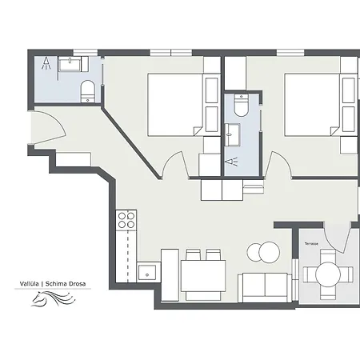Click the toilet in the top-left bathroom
coord(88,90)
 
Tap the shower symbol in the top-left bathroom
coord(47,65)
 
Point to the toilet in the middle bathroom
coord(241,106)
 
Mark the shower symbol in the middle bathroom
coord(236,161)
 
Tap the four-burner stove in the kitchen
coord(126,219)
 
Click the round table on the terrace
coord(328,274)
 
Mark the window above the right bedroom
coord(292,53)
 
